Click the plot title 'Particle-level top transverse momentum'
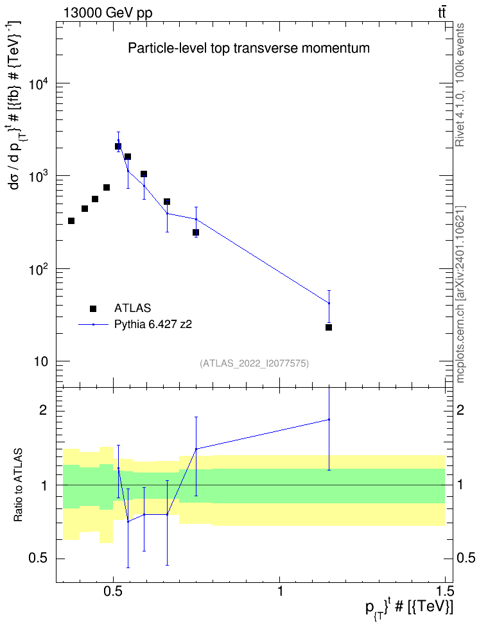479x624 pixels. (x=248, y=48)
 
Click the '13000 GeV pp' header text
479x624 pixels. (x=108, y=13)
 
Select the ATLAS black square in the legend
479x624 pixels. (x=93, y=308)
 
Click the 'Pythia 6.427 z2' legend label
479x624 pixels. (x=153, y=325)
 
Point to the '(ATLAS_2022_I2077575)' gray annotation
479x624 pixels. (x=254, y=363)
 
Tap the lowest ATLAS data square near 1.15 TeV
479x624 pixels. (x=329, y=327)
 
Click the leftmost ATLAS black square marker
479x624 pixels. (x=71, y=221)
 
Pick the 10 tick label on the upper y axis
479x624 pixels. (x=40, y=361)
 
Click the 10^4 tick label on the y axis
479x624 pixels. (x=39, y=85)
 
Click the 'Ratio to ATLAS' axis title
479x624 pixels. (x=19, y=485)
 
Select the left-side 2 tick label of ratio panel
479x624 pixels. (x=43, y=410)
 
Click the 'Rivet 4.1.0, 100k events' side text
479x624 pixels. (x=460, y=85)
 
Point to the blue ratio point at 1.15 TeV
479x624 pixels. (x=329, y=419)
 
